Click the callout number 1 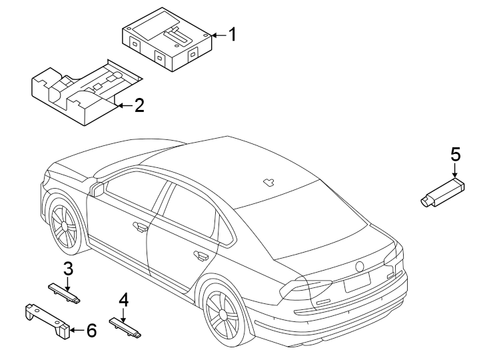coord(233,34)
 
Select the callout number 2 coord(139,105)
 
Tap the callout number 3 coord(68,269)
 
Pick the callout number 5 coord(456,155)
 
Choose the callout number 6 coord(91,329)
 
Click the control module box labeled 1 coord(167,44)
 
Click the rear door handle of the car coord(199,255)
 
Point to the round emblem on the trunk coord(360,265)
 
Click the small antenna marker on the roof coord(270,181)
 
